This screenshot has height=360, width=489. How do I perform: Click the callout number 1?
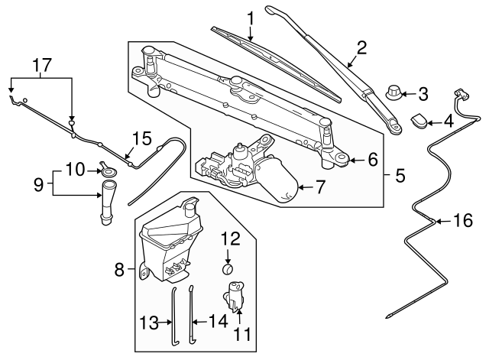[x=250, y=17]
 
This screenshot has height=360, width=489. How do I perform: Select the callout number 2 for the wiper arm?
[x=361, y=47]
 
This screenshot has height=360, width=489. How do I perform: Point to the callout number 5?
[x=400, y=175]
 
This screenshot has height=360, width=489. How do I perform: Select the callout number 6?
[x=372, y=160]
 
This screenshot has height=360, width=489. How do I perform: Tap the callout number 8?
[x=119, y=269]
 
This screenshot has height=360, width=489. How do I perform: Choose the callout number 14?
[x=219, y=322]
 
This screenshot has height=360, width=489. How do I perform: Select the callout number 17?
[x=43, y=65]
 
